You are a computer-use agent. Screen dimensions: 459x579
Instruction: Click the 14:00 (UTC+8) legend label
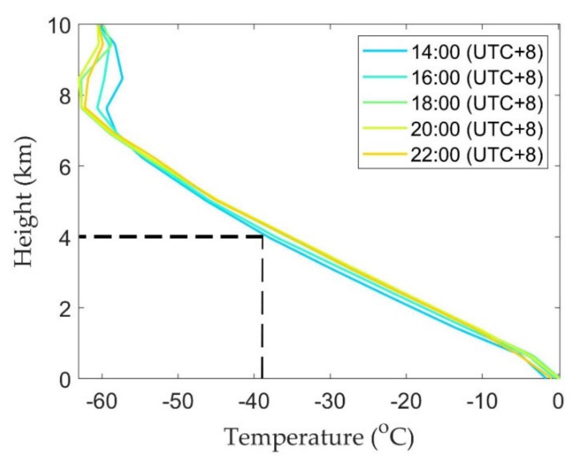[477, 52]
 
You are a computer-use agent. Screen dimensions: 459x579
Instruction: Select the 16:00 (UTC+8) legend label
[477, 77]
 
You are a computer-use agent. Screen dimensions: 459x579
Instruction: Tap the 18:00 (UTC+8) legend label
[477, 103]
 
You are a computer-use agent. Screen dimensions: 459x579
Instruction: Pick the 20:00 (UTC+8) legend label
[477, 129]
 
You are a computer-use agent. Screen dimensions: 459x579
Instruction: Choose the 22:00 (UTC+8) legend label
[477, 155]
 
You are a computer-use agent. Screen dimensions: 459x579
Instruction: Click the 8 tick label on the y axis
[65, 97]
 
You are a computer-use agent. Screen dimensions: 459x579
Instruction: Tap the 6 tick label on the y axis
[65, 168]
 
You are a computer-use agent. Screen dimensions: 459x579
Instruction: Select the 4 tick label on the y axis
[65, 238]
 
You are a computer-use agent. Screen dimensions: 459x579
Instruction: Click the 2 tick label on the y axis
[65, 309]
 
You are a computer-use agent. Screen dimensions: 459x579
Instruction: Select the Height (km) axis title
[24, 201]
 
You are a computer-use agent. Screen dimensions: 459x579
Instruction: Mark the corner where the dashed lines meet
[262, 236]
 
